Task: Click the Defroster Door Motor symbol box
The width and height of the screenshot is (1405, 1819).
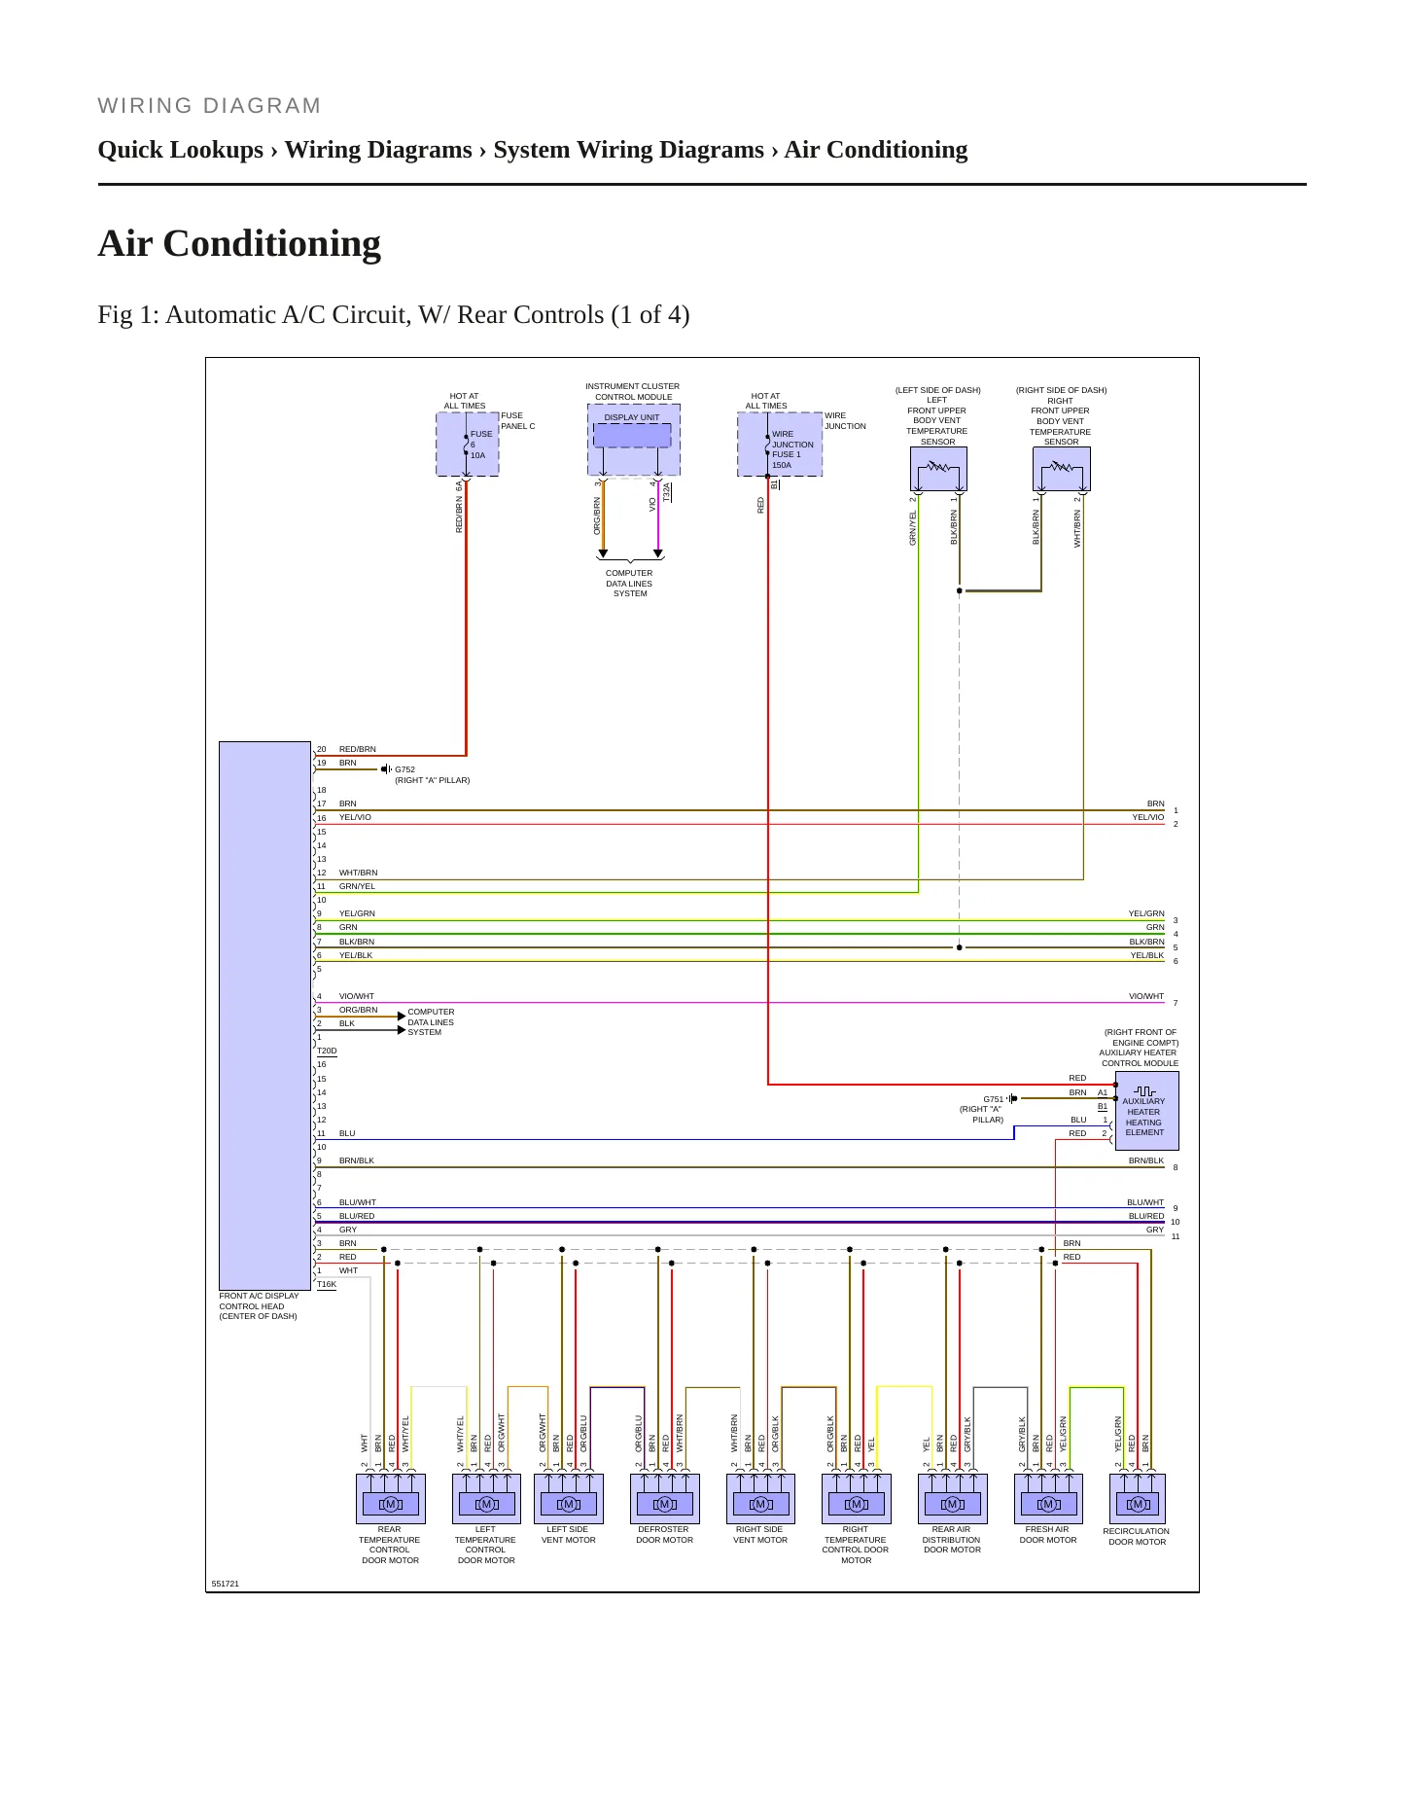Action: (665, 1499)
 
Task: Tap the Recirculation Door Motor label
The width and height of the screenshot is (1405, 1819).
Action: (1137, 1536)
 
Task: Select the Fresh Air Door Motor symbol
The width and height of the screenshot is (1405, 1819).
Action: (1048, 1499)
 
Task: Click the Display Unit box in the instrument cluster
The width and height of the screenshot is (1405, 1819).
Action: (632, 435)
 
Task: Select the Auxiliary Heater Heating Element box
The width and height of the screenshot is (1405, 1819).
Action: (1146, 1111)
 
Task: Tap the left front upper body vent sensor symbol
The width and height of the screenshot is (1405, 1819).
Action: (938, 469)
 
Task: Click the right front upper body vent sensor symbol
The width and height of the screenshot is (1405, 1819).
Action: (1061, 469)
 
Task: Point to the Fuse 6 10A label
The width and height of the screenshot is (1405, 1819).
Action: (481, 445)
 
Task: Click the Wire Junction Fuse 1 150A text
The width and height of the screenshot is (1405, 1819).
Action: (792, 449)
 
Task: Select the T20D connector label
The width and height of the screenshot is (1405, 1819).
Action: (327, 1051)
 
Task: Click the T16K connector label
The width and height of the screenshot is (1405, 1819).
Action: (327, 1284)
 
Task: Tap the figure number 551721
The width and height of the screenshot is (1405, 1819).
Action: (225, 1584)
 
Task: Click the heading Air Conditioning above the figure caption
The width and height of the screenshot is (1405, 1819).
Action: (239, 243)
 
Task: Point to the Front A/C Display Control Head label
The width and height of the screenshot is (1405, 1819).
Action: (259, 1305)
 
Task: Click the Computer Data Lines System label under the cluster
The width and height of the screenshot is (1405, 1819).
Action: (629, 584)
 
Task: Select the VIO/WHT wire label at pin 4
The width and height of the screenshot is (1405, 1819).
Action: (356, 996)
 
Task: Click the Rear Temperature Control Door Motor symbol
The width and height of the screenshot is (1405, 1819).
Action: (391, 1499)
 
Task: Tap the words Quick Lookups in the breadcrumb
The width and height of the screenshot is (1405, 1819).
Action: (181, 150)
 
